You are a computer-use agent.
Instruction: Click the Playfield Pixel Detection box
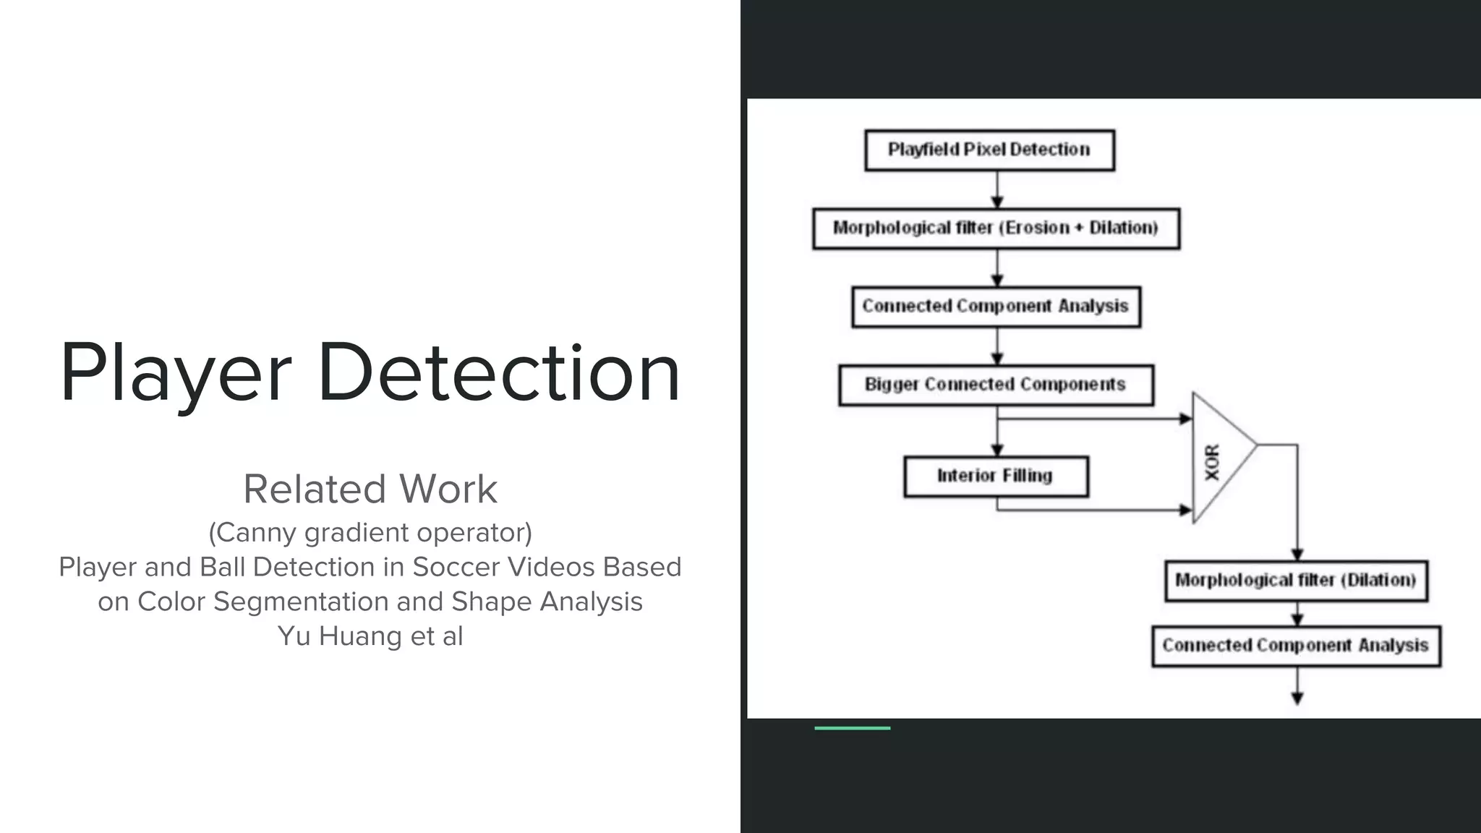(x=989, y=150)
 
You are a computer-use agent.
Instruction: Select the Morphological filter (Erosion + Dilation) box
(x=996, y=228)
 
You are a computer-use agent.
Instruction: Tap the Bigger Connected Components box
(x=996, y=385)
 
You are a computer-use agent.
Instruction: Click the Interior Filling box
(x=996, y=476)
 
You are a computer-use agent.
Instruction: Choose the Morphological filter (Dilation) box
(x=1296, y=581)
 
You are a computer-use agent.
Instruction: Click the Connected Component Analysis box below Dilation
(x=1296, y=646)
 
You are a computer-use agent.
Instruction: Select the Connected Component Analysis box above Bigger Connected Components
(x=996, y=307)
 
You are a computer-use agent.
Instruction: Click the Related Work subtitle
(x=370, y=490)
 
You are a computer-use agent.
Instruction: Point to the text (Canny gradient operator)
(x=370, y=533)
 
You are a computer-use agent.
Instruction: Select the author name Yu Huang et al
(x=370, y=636)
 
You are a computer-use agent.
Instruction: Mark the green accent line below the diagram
(x=852, y=728)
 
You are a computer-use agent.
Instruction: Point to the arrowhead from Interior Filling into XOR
(x=1186, y=511)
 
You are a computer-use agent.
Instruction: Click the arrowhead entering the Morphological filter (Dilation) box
(x=1297, y=555)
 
